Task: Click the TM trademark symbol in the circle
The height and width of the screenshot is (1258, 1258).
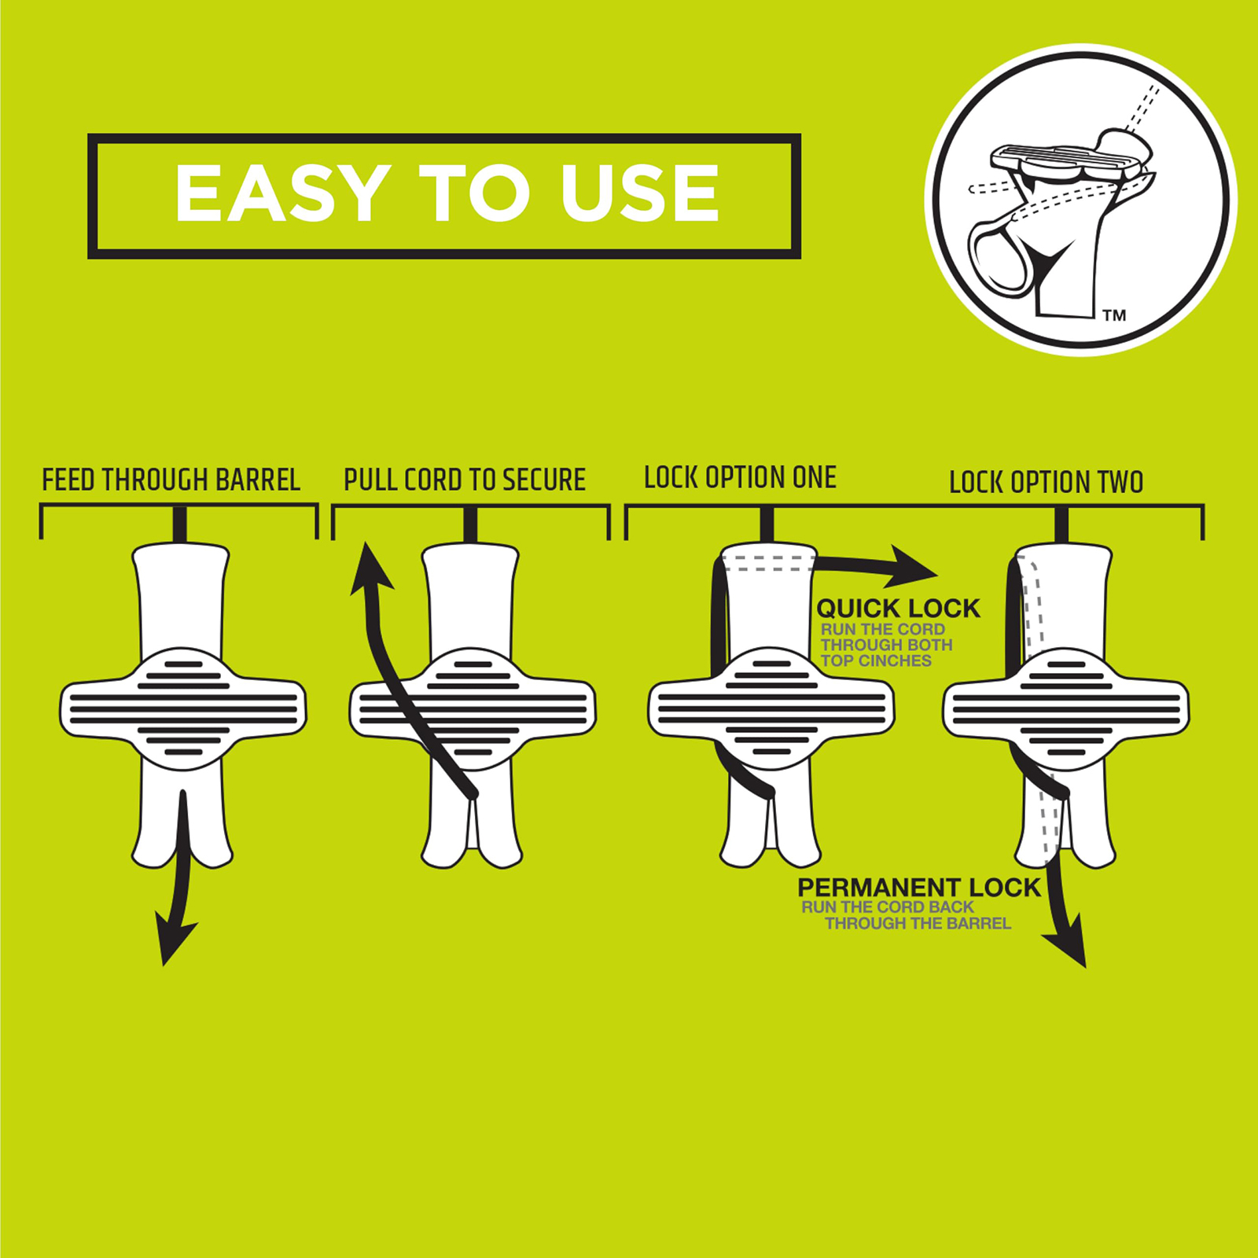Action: point(1114,315)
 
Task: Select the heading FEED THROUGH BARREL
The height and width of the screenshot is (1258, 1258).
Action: point(171,480)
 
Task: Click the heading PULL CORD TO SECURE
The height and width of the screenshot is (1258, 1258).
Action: point(465,480)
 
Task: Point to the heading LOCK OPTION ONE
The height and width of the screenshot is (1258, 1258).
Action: point(740,477)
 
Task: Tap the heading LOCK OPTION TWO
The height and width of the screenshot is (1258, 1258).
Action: point(1046,482)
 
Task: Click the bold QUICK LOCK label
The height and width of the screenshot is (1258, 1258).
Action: point(898,608)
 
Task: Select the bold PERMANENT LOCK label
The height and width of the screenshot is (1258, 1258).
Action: point(919,888)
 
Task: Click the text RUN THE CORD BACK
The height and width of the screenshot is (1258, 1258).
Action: point(888,907)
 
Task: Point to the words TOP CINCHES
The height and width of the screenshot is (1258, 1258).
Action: point(876,660)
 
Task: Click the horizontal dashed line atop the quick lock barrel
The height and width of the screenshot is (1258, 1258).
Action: point(768,563)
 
